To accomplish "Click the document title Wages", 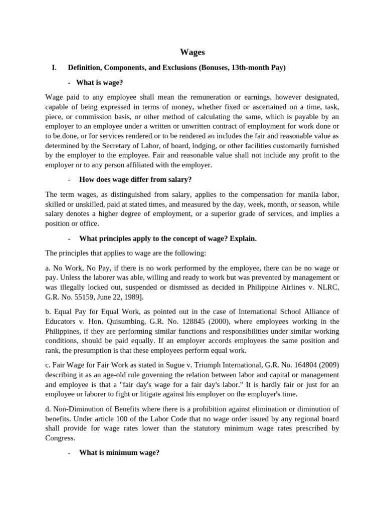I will click(192, 52).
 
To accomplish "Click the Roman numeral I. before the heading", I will click(55, 68).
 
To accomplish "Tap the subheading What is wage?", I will click(101, 82).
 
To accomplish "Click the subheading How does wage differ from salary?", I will click(135, 179).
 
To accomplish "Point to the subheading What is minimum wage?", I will click(119, 452).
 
